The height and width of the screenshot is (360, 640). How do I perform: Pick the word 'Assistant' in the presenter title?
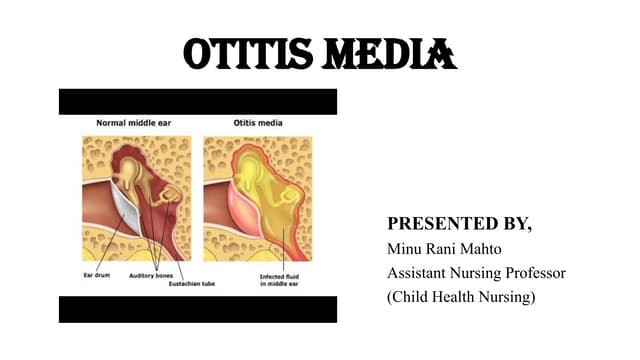point(419,273)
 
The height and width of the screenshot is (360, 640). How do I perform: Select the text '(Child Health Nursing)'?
point(461,298)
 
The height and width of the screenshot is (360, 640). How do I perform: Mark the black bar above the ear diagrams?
point(198,101)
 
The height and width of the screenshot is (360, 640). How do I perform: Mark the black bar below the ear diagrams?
point(198,310)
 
